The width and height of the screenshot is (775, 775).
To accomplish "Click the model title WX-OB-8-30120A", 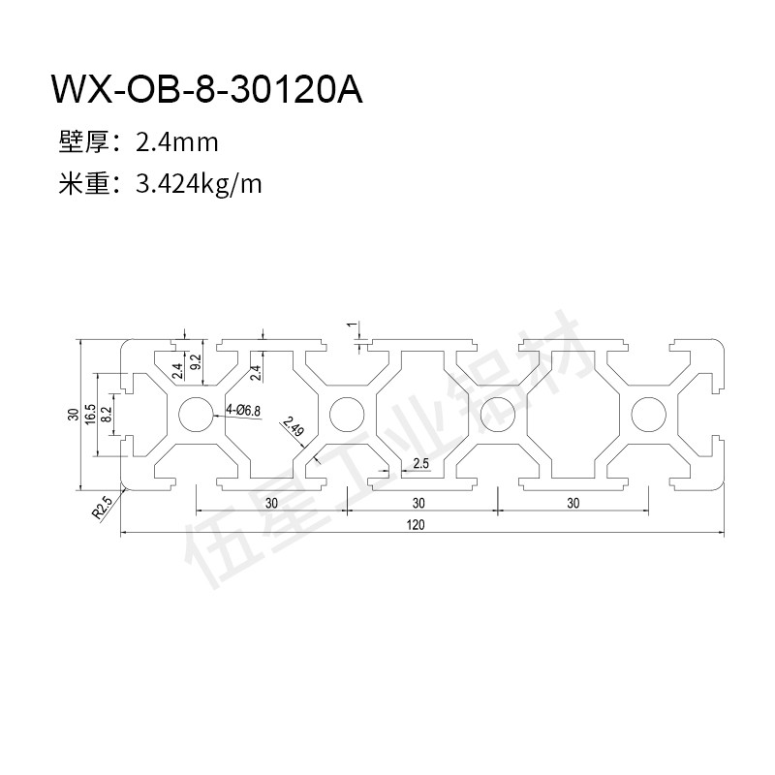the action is pyautogui.click(x=207, y=89).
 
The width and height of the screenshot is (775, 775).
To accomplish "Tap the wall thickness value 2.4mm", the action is pyautogui.click(x=177, y=142).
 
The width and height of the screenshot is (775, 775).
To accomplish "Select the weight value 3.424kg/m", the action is pyautogui.click(x=199, y=185).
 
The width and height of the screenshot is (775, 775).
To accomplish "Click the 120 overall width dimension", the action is pyautogui.click(x=416, y=524).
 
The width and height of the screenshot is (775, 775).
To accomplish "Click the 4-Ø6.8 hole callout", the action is pyautogui.click(x=243, y=410).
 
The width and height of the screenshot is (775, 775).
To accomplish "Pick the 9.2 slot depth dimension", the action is pyautogui.click(x=196, y=362).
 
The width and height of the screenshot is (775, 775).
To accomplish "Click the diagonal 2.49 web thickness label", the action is pyautogui.click(x=293, y=427).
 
